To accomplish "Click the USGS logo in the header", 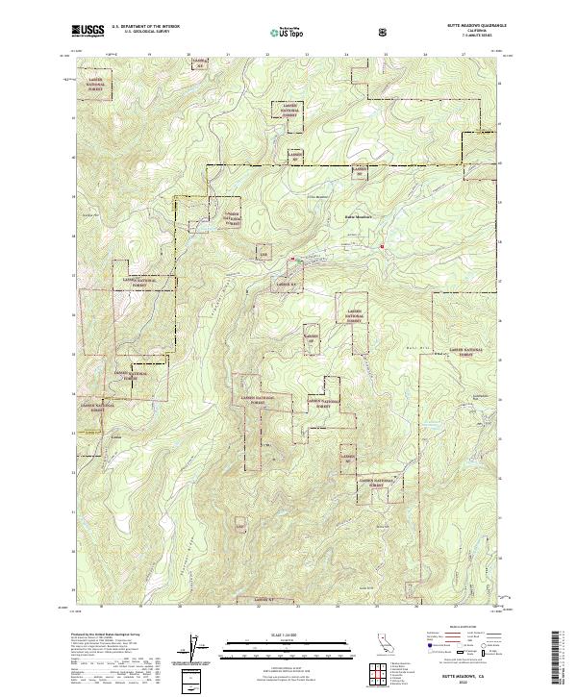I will [x=88, y=31].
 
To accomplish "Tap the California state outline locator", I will [x=381, y=644].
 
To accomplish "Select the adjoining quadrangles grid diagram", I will [x=379, y=669].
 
